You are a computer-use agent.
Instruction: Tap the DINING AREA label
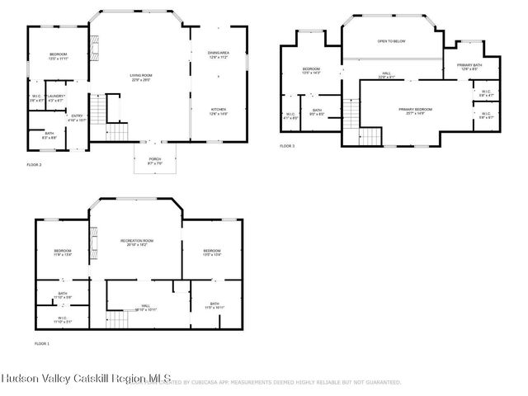click(x=218, y=55)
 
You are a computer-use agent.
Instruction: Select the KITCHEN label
click(x=218, y=111)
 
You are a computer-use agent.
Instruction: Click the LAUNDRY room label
click(x=56, y=97)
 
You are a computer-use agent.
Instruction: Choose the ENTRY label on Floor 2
click(x=77, y=117)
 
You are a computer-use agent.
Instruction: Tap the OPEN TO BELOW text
click(x=392, y=40)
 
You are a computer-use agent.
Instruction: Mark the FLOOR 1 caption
click(x=42, y=342)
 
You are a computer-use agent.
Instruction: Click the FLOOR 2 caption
click(x=34, y=165)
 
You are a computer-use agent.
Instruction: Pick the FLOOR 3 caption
click(x=287, y=146)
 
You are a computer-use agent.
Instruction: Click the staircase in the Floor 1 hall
click(x=122, y=318)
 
